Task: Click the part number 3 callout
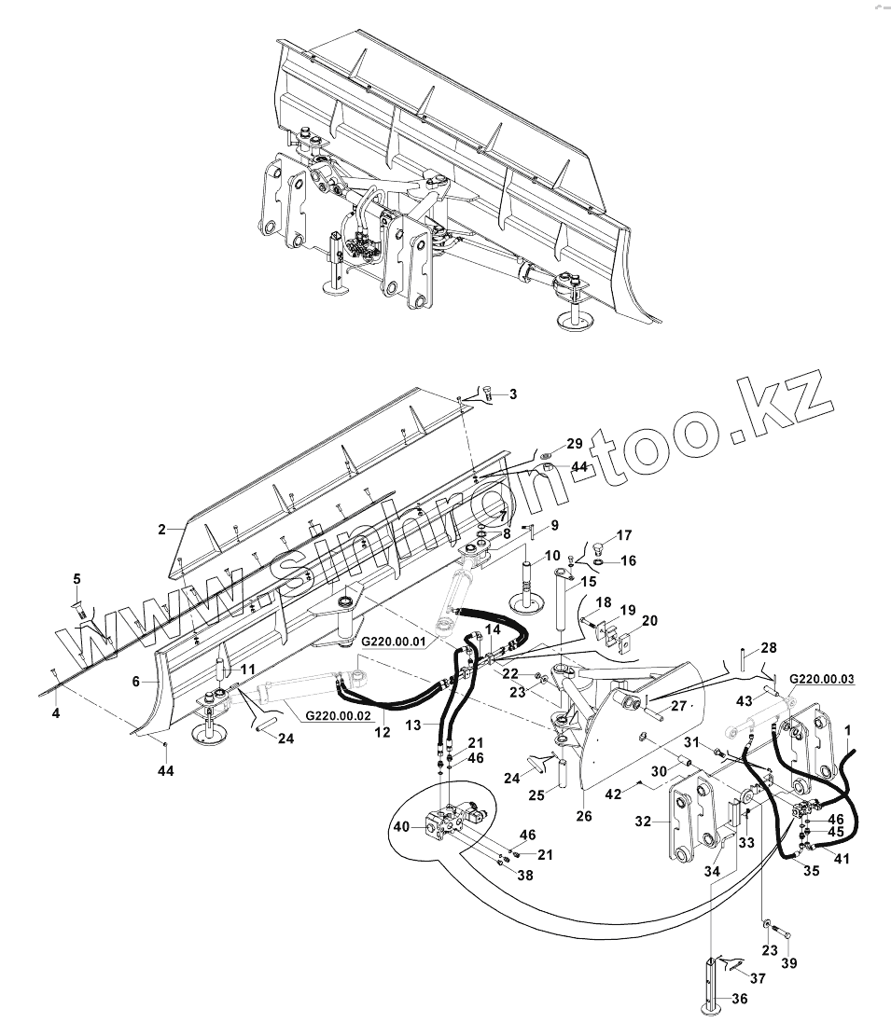(x=512, y=395)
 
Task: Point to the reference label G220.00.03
(x=822, y=679)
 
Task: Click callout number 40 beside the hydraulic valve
(x=401, y=825)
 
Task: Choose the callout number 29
(x=574, y=443)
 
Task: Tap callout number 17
(x=624, y=536)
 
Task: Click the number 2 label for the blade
(x=161, y=530)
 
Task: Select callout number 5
(x=77, y=579)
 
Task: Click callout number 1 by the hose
(x=847, y=727)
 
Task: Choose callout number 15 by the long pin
(x=588, y=583)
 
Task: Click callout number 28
(x=768, y=647)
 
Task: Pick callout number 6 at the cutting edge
(x=137, y=682)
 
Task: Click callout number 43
(x=745, y=700)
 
